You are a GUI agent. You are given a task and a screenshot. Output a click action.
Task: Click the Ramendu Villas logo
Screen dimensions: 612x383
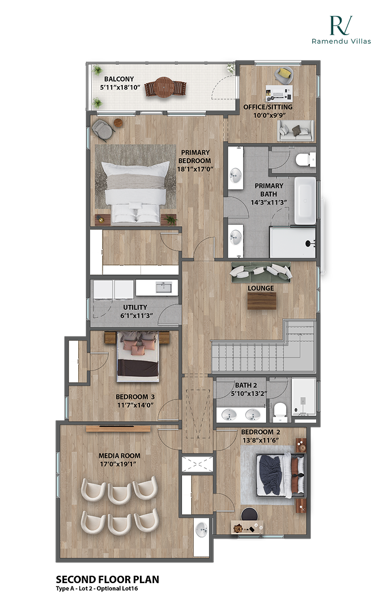(x=341, y=30)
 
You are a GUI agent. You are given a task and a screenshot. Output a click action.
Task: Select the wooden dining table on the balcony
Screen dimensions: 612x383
(x=165, y=88)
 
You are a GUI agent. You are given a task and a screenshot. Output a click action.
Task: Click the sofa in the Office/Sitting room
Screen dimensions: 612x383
(x=295, y=131)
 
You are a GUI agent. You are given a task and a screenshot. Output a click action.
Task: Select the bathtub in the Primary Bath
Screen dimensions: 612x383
(x=305, y=201)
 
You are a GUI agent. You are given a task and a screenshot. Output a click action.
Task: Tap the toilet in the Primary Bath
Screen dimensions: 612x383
(x=305, y=159)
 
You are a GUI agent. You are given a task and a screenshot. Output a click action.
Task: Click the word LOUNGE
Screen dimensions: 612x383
(x=261, y=288)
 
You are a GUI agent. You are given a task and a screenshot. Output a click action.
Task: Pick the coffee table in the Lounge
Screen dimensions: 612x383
(x=262, y=301)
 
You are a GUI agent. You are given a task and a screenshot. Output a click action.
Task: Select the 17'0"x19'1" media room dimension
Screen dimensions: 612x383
(x=119, y=464)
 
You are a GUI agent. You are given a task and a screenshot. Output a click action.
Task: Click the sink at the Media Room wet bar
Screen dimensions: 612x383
(x=201, y=531)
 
